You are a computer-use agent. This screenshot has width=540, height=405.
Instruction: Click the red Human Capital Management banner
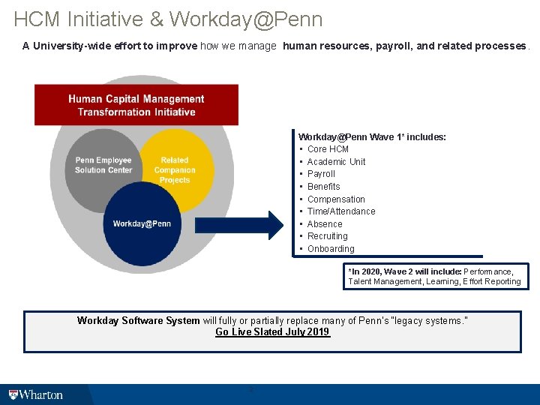pos(136,105)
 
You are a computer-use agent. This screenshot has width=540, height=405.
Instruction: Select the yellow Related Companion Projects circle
pos(175,169)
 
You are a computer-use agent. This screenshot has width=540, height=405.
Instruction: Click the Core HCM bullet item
pos(328,149)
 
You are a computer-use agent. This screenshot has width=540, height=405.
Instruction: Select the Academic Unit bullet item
pos(336,162)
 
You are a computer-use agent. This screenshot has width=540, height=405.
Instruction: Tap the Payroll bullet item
pos(321,174)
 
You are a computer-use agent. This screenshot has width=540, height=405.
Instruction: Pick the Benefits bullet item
pos(323,187)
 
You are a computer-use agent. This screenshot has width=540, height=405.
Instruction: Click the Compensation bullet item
pos(336,199)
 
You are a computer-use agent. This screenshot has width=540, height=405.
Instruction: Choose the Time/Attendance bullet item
pos(341,211)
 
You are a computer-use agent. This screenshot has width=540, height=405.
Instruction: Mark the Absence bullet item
pos(325,224)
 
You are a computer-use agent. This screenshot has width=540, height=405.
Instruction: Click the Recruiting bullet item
pos(328,236)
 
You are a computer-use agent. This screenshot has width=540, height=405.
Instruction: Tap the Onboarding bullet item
pos(331,249)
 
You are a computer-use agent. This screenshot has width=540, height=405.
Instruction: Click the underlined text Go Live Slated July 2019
pos(272,332)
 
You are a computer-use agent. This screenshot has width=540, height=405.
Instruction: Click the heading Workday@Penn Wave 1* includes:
pos(372,137)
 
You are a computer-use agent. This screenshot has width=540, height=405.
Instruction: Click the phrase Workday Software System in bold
pos(138,321)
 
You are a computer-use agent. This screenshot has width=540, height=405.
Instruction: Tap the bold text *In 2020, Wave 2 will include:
pos(404,271)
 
